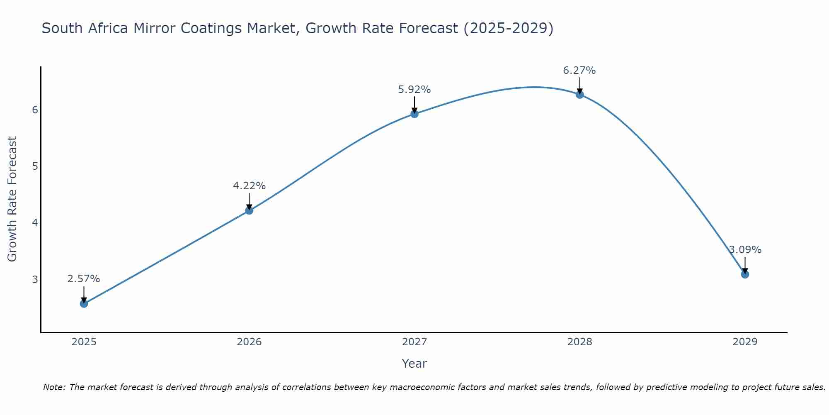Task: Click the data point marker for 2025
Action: pyautogui.click(x=84, y=304)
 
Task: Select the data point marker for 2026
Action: pyautogui.click(x=249, y=210)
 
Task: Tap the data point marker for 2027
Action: pyautogui.click(x=414, y=114)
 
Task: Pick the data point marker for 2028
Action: pyautogui.click(x=579, y=95)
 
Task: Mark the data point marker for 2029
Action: pyautogui.click(x=745, y=274)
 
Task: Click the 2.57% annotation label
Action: pyautogui.click(x=84, y=279)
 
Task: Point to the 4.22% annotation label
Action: pyautogui.click(x=249, y=186)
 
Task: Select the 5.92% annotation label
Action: pyautogui.click(x=414, y=90)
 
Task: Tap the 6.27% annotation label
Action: pyautogui.click(x=579, y=71)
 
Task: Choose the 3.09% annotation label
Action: pyautogui.click(x=745, y=250)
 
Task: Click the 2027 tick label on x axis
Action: pyautogui.click(x=414, y=342)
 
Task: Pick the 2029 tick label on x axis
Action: pyautogui.click(x=745, y=342)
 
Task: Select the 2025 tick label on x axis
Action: pyautogui.click(x=84, y=342)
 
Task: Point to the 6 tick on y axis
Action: pyautogui.click(x=35, y=110)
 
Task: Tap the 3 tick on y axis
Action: pyautogui.click(x=35, y=279)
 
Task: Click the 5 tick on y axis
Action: pyautogui.click(x=35, y=166)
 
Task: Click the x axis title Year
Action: pyautogui.click(x=414, y=364)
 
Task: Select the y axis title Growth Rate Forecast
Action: pyautogui.click(x=12, y=199)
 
